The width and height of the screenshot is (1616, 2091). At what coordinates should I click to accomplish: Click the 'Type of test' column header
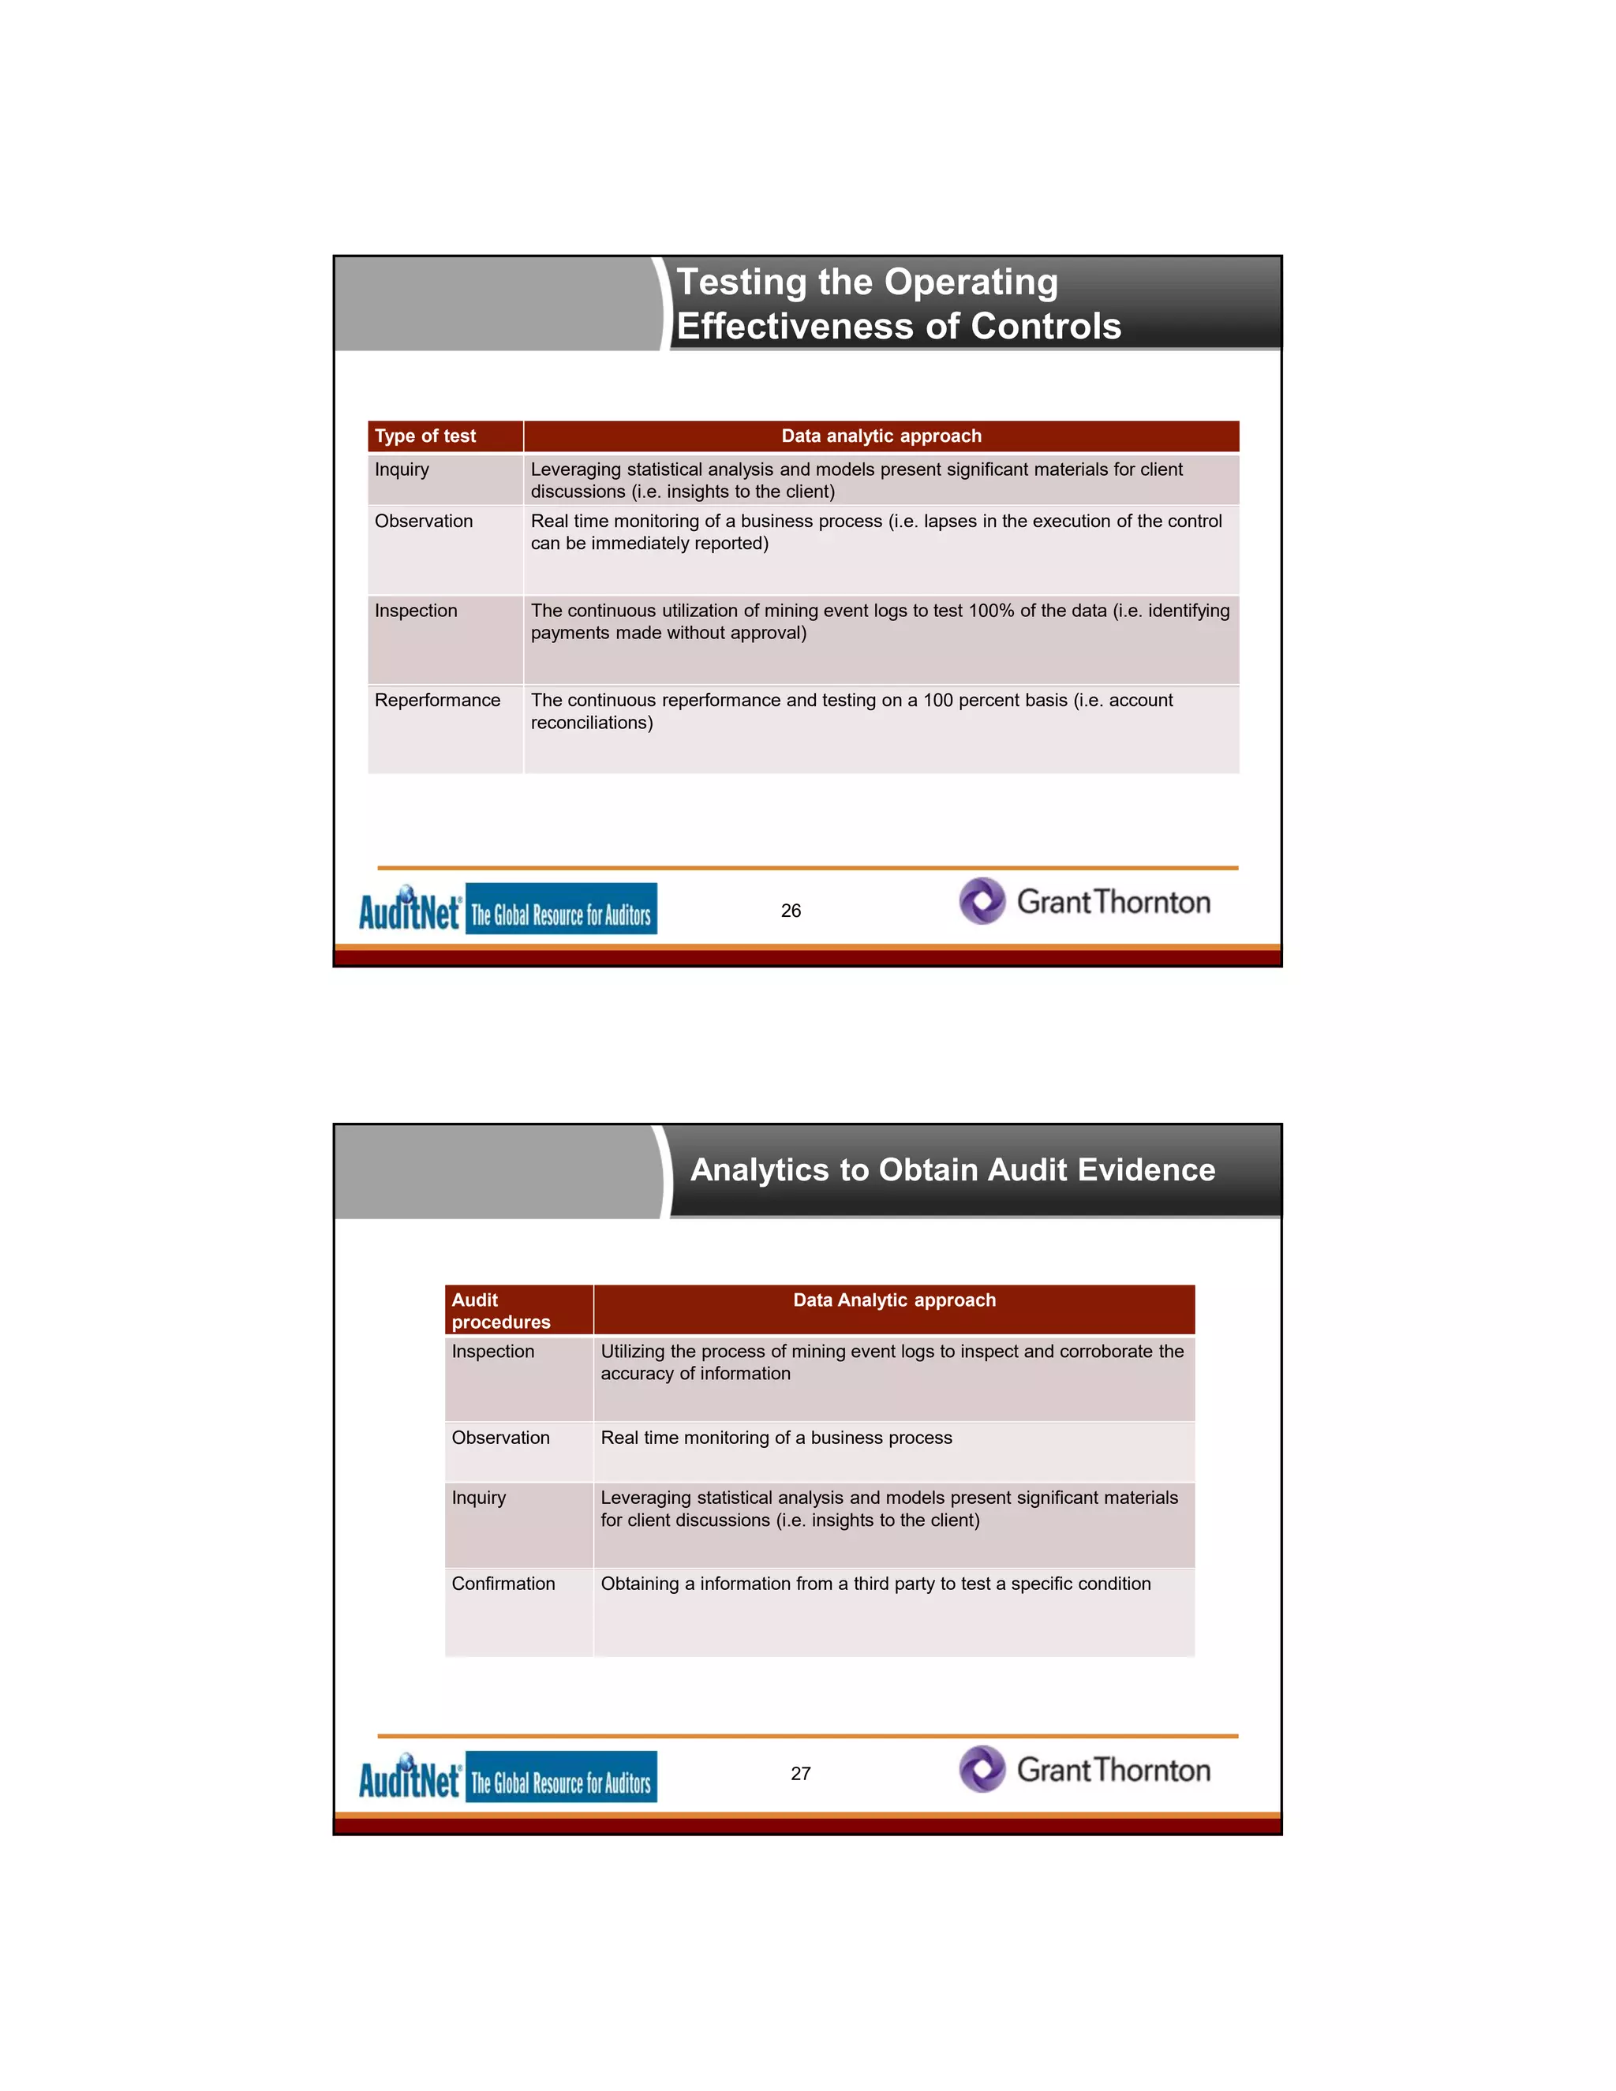[425, 436]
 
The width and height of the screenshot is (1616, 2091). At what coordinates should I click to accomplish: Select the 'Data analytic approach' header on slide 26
[881, 436]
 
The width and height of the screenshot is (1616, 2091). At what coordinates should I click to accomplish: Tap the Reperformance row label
[436, 701]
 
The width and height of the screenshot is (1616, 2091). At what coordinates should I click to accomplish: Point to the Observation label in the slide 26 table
[423, 522]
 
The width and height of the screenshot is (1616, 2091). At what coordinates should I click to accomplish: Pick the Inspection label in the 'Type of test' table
[416, 611]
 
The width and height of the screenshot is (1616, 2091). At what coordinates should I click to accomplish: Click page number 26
[791, 911]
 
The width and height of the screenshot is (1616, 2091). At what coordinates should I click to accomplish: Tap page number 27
[800, 1774]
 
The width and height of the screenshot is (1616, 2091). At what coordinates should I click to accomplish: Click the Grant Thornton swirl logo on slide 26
[982, 901]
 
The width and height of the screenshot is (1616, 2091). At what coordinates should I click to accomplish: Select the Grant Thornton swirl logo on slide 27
[982, 1769]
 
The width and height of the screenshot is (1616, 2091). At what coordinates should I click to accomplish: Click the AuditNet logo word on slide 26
[410, 910]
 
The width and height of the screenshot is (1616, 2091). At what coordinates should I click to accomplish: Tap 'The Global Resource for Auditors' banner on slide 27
[561, 1778]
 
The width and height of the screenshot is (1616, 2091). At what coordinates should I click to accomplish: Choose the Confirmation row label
[503, 1584]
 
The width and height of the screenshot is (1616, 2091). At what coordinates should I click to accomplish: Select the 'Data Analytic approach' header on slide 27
[894, 1300]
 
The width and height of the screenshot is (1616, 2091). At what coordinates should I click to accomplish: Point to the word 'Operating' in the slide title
[971, 282]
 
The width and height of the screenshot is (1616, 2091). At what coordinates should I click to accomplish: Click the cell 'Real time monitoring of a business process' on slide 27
[776, 1438]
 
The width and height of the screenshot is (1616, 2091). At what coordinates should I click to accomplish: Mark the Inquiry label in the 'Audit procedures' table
[479, 1498]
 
